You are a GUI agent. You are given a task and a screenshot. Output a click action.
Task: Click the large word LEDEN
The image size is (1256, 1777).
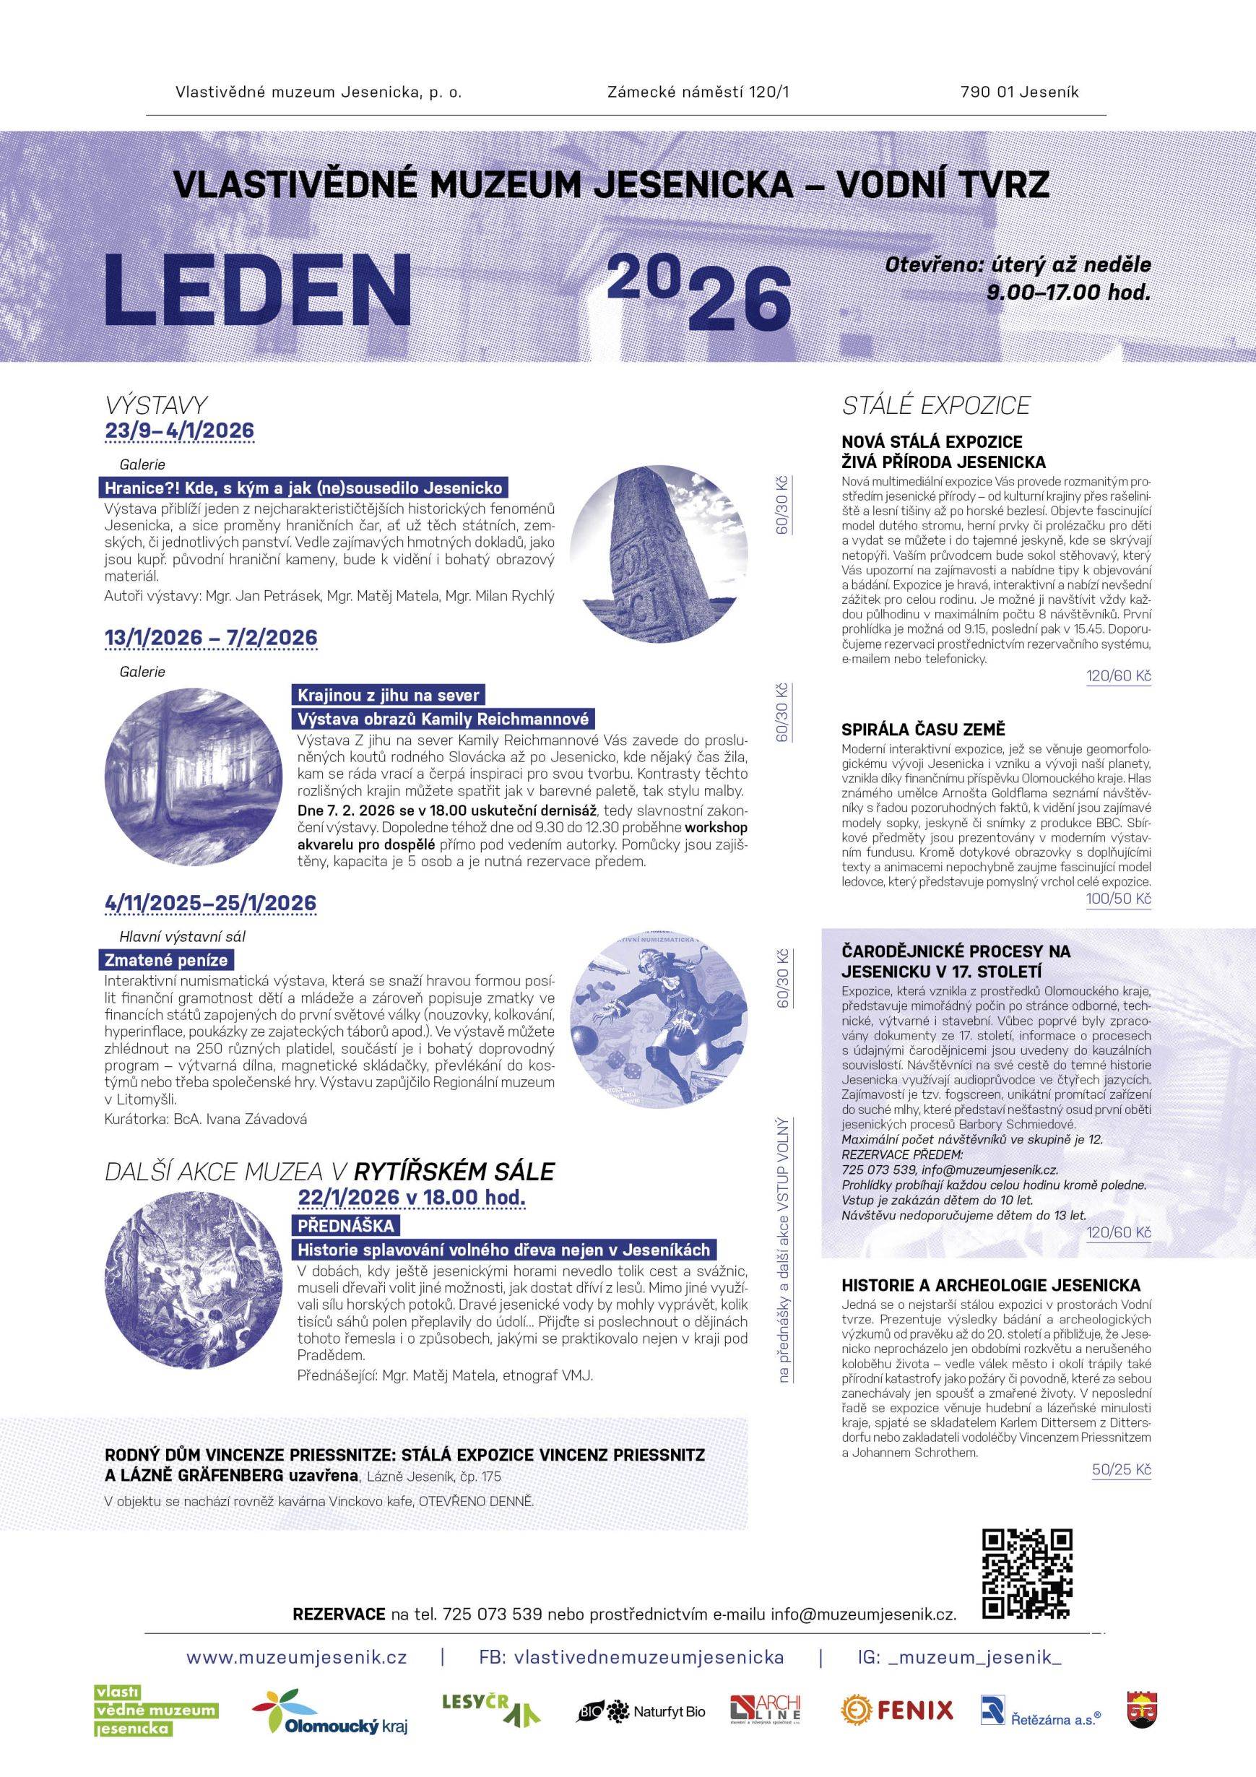click(259, 290)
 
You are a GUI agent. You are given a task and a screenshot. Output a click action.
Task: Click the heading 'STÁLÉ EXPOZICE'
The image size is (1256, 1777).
click(935, 405)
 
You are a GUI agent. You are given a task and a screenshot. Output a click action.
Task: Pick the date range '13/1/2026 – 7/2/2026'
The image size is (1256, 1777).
click(210, 637)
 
